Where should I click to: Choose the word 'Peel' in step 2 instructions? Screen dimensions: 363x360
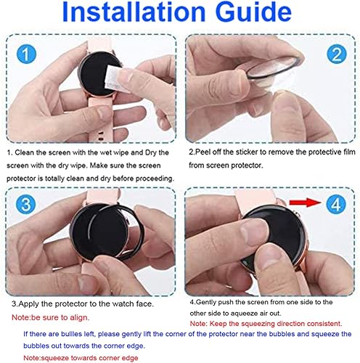tap(200, 153)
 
